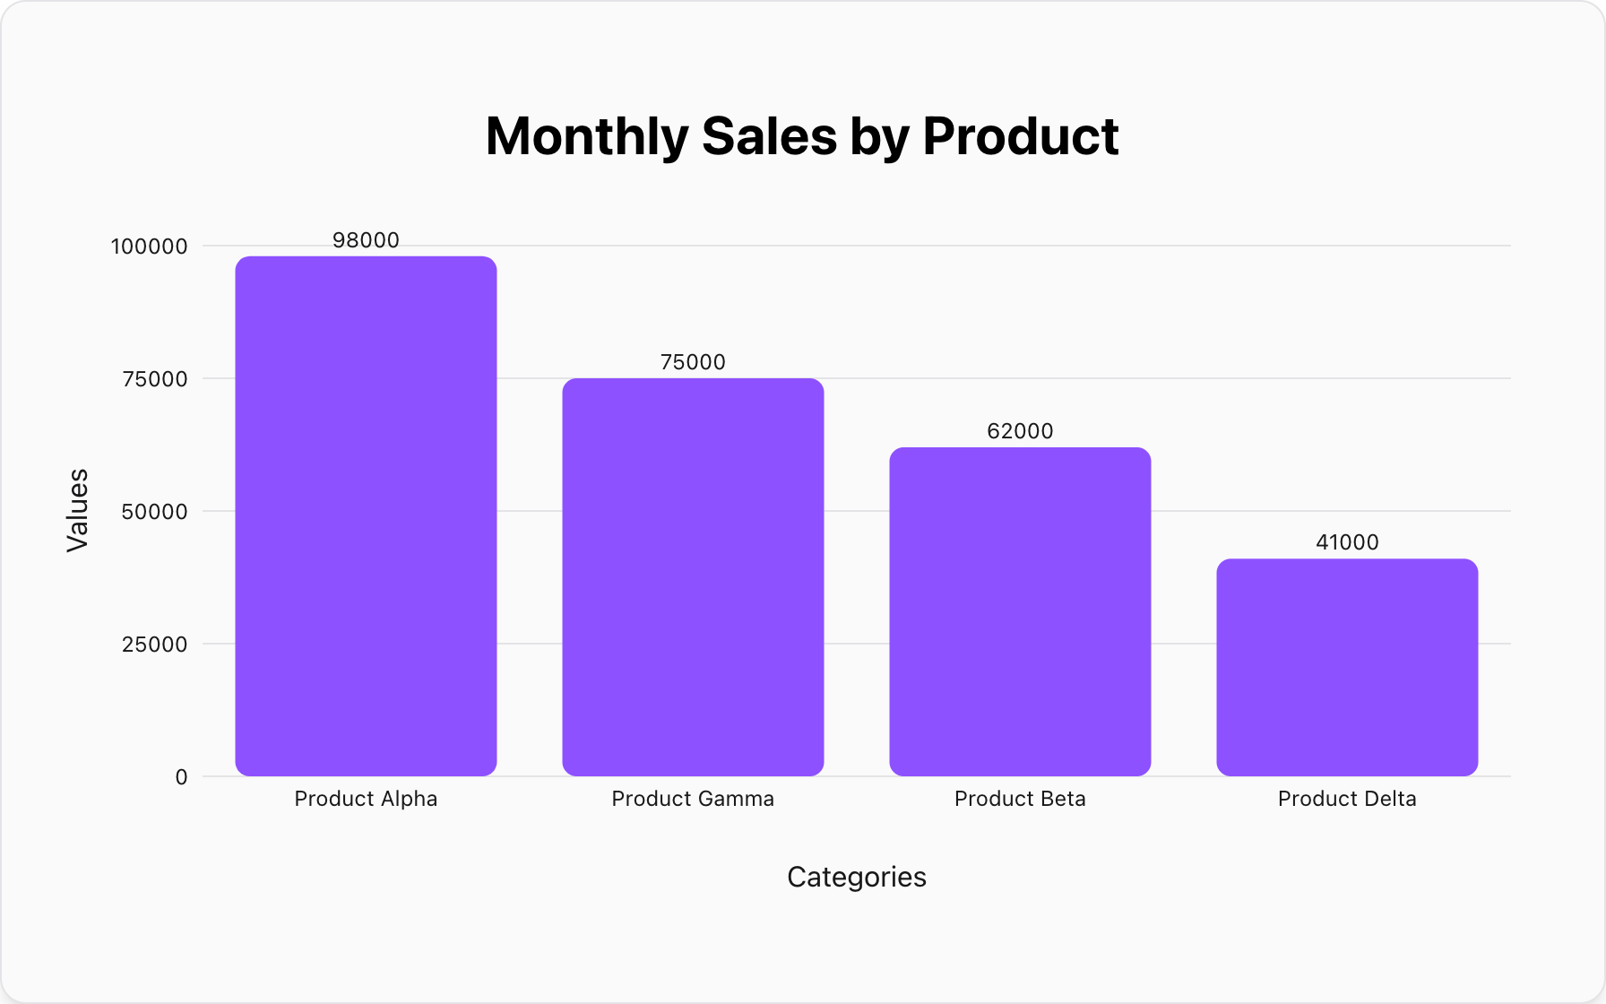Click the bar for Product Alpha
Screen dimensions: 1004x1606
tap(366, 516)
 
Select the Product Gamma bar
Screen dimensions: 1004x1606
tap(693, 577)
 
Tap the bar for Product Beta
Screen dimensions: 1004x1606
tap(1020, 611)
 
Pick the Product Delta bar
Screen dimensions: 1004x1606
tap(1347, 667)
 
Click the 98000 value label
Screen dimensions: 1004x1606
tap(366, 240)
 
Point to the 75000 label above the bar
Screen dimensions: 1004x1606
tap(693, 362)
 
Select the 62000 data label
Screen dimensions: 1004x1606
tap(1020, 431)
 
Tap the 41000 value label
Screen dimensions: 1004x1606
tap(1347, 542)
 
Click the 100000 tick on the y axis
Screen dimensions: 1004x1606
tap(149, 247)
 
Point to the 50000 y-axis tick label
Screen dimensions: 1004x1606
tap(154, 512)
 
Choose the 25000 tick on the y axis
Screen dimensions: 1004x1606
tap(154, 645)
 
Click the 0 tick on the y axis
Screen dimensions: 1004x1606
tap(181, 777)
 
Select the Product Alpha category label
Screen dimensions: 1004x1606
tap(366, 799)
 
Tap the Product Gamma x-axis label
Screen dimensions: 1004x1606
tap(693, 799)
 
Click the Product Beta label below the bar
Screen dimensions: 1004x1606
tap(1020, 799)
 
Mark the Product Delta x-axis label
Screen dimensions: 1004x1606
tap(1347, 799)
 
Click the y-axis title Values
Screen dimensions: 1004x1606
tap(78, 510)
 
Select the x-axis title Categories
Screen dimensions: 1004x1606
tap(857, 877)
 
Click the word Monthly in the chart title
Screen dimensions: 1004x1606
tap(586, 136)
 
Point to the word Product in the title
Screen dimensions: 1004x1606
tap(1020, 136)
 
